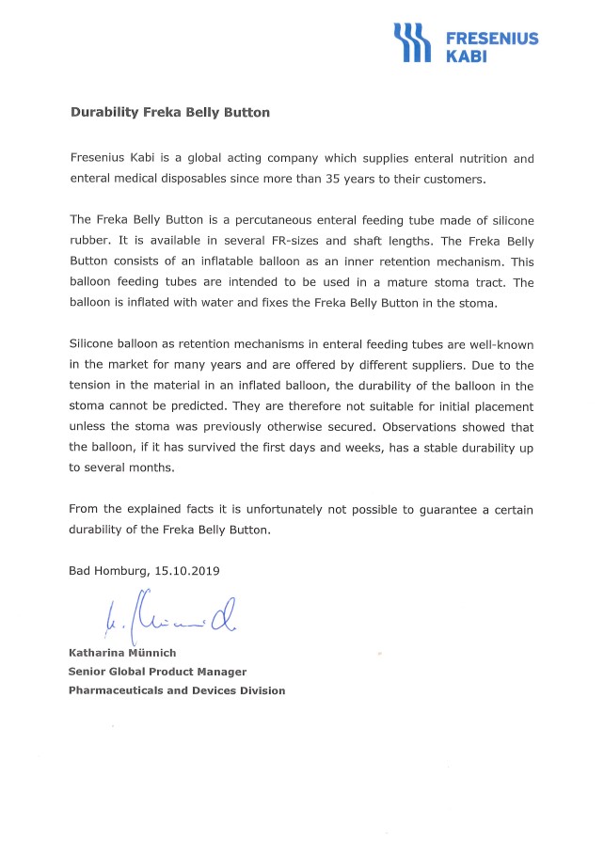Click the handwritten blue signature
click(x=166, y=617)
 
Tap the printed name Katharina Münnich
click(x=122, y=653)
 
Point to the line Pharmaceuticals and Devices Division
click(x=176, y=690)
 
